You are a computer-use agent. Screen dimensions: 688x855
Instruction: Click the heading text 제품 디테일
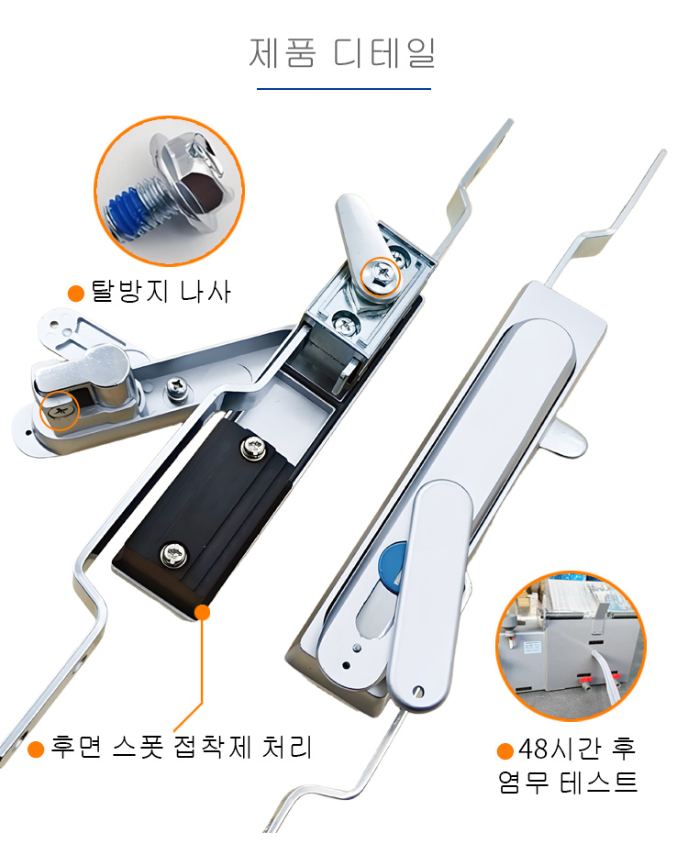click(342, 53)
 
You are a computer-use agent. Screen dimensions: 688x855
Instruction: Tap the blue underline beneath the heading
click(343, 88)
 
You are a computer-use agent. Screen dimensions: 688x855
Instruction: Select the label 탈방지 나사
click(161, 291)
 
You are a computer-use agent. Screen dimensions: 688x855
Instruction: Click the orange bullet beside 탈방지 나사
click(76, 293)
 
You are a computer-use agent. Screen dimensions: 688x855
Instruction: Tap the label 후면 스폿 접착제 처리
click(182, 747)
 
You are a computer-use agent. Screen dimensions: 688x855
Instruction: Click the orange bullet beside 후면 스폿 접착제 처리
click(36, 749)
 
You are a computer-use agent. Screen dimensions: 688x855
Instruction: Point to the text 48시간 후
click(577, 749)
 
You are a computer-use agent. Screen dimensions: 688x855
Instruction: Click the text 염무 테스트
click(568, 782)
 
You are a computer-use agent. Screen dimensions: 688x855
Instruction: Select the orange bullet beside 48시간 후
click(505, 750)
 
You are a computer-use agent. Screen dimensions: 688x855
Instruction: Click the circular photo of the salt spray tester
click(571, 646)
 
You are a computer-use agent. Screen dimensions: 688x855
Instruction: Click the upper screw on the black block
click(253, 449)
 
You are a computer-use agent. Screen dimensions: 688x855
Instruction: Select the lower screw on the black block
click(174, 554)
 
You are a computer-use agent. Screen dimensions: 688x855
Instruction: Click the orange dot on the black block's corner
click(202, 612)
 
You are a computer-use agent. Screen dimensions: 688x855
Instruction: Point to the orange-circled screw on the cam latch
click(381, 275)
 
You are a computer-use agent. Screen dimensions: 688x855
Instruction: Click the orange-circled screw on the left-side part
click(60, 411)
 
